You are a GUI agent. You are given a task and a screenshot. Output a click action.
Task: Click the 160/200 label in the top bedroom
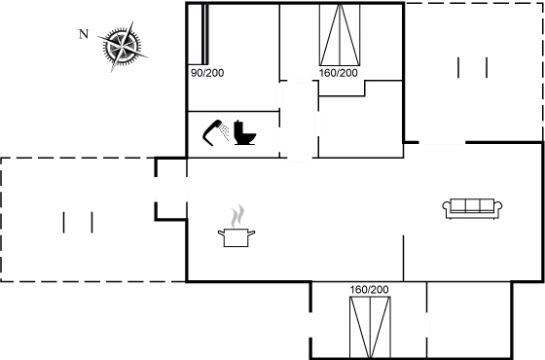(x=340, y=72)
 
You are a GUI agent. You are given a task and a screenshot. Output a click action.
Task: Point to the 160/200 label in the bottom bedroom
(x=368, y=289)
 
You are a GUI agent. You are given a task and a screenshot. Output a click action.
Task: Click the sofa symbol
(x=471, y=205)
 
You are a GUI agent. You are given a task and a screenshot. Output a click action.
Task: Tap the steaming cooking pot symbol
(x=237, y=226)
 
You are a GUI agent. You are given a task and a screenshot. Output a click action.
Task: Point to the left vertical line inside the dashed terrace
(x=65, y=222)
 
